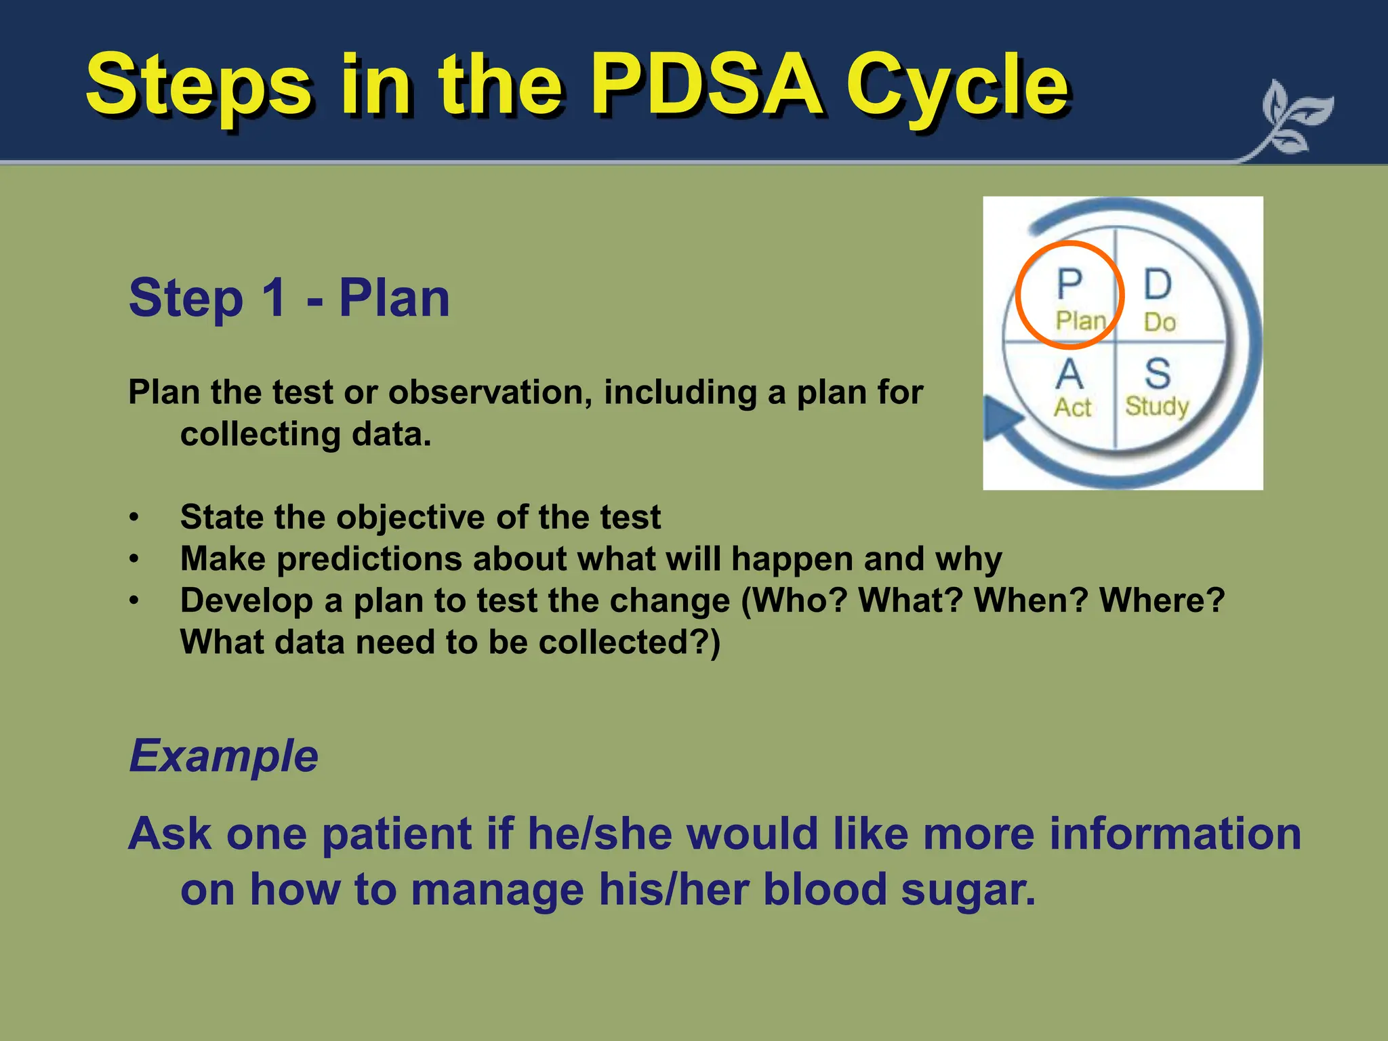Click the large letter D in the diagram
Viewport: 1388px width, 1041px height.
click(x=1158, y=284)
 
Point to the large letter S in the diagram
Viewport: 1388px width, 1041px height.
click(x=1158, y=373)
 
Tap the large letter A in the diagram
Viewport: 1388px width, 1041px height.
click(x=1069, y=373)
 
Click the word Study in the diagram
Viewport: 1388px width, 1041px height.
click(x=1157, y=407)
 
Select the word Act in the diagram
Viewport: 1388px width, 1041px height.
click(x=1072, y=407)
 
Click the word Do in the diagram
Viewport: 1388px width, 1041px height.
click(x=1160, y=322)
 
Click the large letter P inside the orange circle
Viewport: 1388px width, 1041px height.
click(x=1069, y=284)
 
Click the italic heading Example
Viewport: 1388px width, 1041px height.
click(x=224, y=756)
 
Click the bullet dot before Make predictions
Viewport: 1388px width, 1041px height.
click(x=135, y=560)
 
